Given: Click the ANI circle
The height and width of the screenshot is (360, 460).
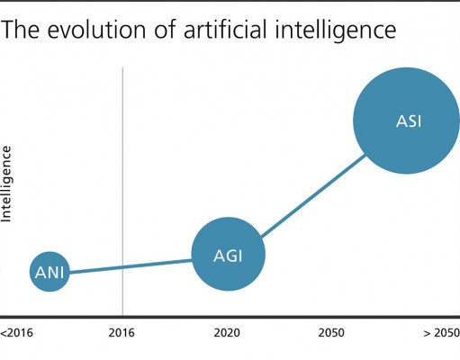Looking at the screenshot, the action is click(x=50, y=272).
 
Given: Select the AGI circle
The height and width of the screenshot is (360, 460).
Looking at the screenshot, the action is click(x=229, y=254).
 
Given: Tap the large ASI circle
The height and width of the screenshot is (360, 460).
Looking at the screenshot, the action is click(x=406, y=121).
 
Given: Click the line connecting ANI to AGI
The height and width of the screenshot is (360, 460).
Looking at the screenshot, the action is click(x=131, y=266).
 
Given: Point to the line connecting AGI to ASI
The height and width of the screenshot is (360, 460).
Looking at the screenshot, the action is click(x=313, y=195).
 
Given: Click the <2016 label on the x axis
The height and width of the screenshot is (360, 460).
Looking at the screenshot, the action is click(x=16, y=333).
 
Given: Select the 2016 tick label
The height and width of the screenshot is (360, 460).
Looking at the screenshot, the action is click(x=122, y=333).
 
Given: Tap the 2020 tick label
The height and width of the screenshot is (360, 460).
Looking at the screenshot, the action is click(x=227, y=333).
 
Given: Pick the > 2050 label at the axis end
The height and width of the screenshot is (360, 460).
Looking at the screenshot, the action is click(x=441, y=333).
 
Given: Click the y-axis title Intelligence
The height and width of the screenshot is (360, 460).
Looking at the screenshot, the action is click(x=6, y=184).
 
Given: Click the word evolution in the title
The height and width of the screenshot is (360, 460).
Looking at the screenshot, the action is click(x=97, y=30).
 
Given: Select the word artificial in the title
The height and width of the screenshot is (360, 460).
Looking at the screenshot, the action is click(x=225, y=30).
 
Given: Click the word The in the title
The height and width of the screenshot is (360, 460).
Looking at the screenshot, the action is click(x=20, y=30).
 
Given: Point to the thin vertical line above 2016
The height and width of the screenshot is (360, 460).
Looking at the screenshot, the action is click(x=122, y=192).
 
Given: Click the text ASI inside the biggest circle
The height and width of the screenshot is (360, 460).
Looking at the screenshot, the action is click(x=409, y=121).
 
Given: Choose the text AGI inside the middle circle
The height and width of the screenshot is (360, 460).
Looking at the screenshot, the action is click(x=228, y=256).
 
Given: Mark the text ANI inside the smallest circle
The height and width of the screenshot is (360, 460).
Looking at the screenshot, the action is click(x=50, y=273).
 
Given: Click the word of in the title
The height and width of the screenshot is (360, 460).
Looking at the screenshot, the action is click(x=165, y=30).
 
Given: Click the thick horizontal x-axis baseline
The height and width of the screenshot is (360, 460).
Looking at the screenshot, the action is click(x=230, y=317).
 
